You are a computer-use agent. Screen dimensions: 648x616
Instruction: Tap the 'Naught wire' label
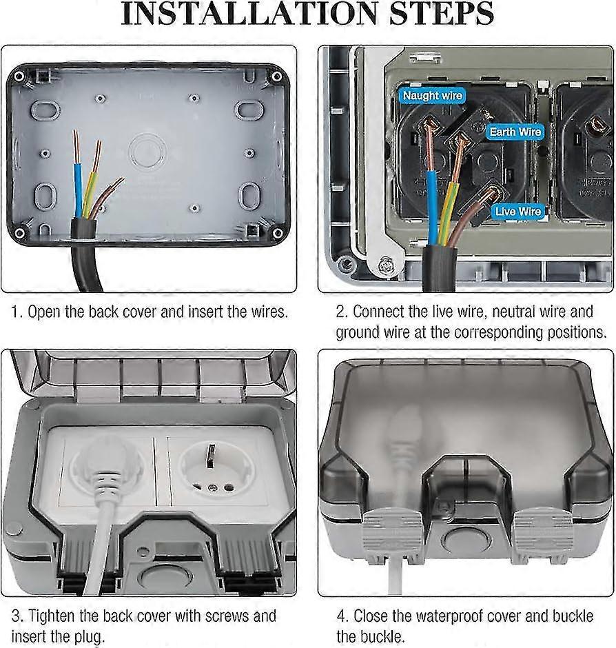(x=433, y=96)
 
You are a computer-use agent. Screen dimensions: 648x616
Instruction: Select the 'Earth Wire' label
(x=515, y=132)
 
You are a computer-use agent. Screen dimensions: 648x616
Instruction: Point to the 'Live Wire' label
(x=518, y=212)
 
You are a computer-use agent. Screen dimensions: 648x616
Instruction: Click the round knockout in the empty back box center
(x=146, y=150)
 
